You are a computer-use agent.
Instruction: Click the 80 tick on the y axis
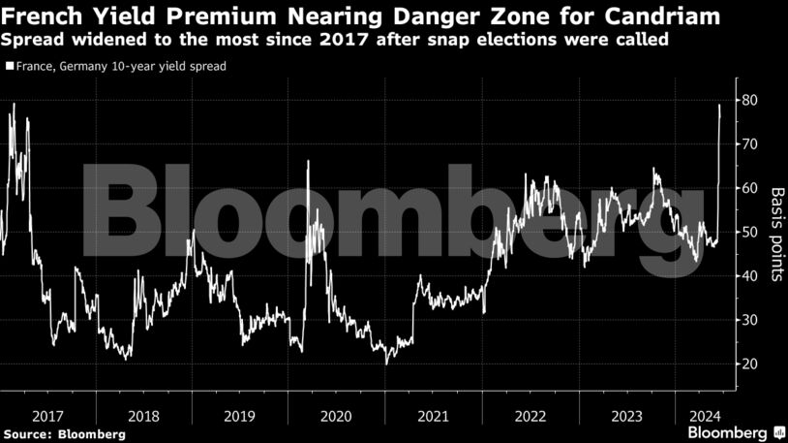point(749,101)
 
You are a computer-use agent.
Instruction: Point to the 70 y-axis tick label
point(749,144)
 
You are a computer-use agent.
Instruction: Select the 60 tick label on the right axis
point(749,188)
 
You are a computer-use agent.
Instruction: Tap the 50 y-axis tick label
point(749,233)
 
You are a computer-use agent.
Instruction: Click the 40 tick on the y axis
point(749,276)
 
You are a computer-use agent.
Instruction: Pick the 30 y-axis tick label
point(749,320)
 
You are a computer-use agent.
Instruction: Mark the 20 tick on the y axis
point(749,364)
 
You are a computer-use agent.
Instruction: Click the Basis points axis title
point(775,233)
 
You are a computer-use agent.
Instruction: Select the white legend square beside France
point(9,67)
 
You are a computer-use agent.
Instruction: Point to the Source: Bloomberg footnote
point(65,434)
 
